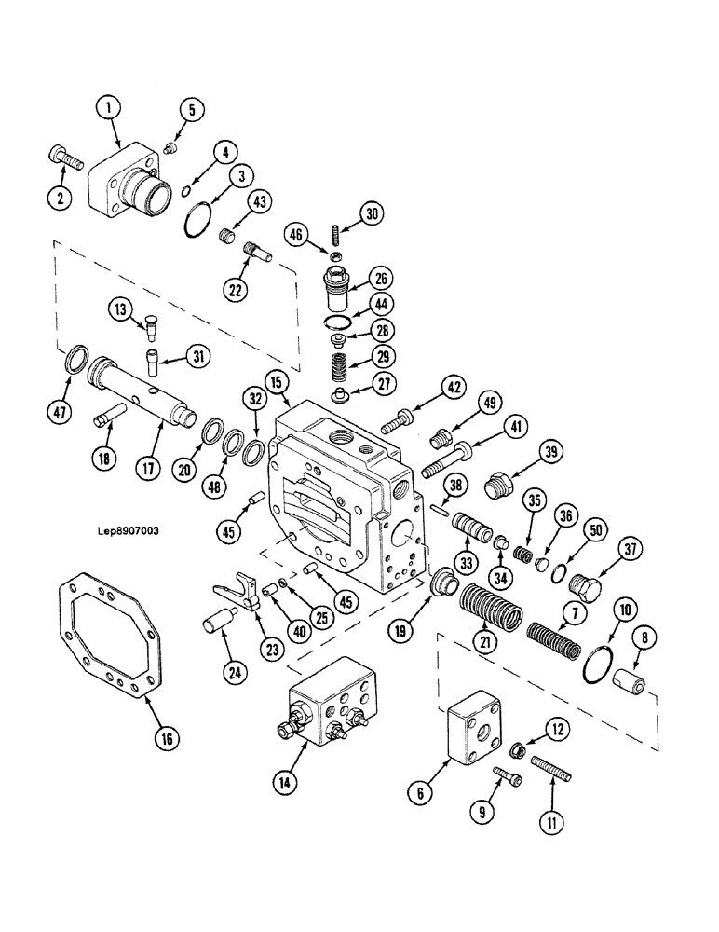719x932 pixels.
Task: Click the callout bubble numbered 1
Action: point(109,110)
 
